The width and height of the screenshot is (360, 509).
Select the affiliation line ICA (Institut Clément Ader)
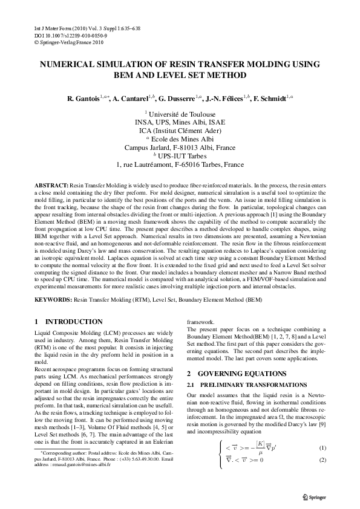pyautogui.click(x=180, y=129)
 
